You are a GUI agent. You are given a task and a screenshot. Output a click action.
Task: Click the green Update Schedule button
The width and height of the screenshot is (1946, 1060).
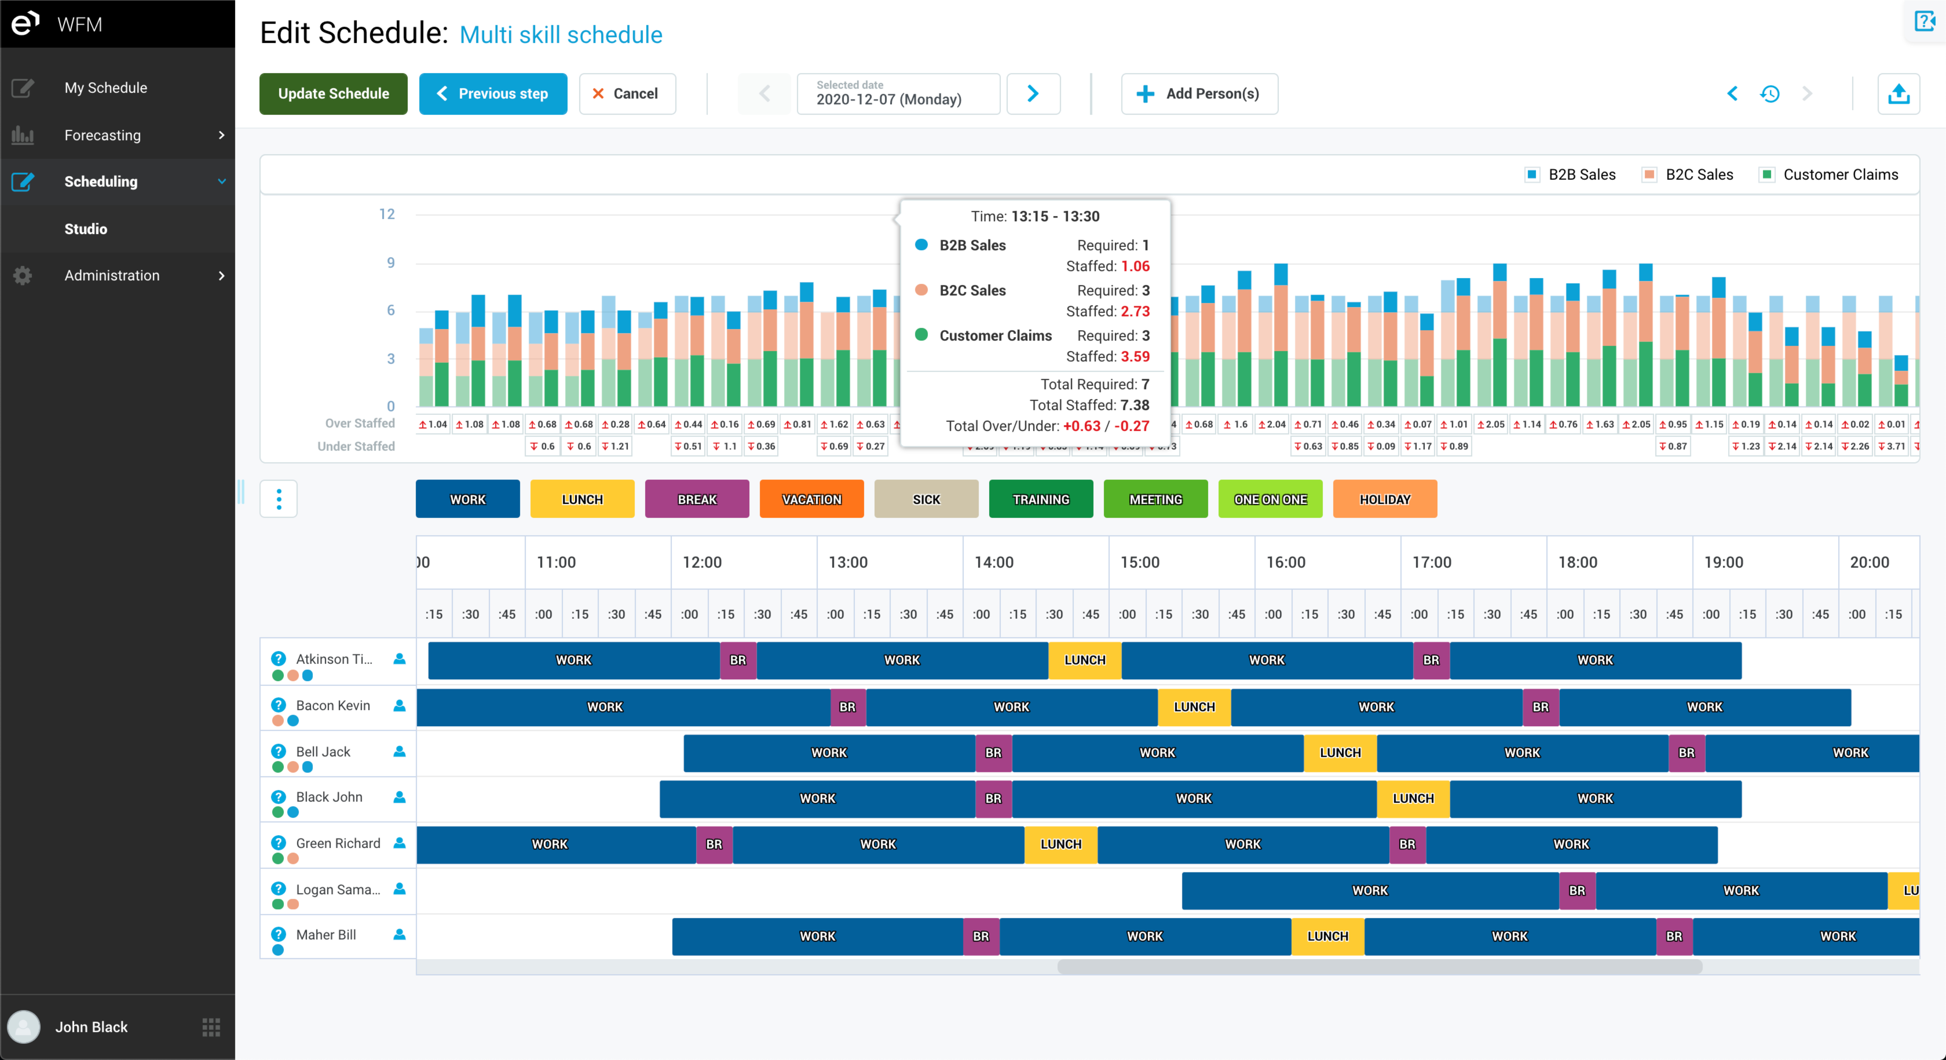[333, 94]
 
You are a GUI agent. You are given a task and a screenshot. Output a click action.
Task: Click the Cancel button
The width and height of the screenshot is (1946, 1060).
[626, 94]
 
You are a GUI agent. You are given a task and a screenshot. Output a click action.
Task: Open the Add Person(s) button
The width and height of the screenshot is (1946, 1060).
[1199, 94]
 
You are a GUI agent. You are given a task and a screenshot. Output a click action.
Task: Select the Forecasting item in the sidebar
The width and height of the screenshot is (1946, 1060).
[103, 135]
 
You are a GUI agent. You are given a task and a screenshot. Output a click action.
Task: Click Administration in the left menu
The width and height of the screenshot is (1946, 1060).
[112, 276]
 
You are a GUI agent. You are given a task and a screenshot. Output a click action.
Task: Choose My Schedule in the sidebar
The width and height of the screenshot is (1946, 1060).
[106, 88]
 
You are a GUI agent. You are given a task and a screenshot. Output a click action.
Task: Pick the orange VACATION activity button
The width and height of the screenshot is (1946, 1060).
[811, 499]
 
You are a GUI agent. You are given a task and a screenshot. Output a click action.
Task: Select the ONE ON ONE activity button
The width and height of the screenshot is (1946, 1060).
[1270, 499]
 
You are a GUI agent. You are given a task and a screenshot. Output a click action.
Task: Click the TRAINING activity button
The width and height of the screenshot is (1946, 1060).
[1040, 499]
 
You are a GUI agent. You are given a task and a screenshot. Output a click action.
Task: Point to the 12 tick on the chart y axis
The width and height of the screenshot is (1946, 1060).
[387, 215]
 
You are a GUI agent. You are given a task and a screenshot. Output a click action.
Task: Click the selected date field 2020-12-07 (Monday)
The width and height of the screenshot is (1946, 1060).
[897, 94]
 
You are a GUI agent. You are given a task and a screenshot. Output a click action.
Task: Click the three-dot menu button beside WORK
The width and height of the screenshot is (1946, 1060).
[279, 499]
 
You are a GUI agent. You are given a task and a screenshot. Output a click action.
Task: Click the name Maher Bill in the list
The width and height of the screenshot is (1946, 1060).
[326, 935]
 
